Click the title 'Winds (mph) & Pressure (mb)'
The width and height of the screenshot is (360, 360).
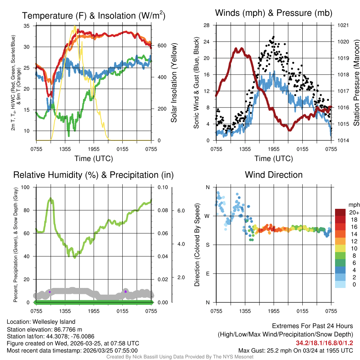(x=274, y=13)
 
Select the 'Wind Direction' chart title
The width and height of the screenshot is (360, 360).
(x=274, y=175)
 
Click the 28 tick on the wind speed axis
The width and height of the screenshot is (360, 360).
(x=207, y=25)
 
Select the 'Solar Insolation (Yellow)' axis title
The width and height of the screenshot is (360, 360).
(x=174, y=83)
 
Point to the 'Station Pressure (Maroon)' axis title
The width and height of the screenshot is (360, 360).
(x=356, y=83)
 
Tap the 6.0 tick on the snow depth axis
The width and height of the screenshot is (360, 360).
(x=180, y=211)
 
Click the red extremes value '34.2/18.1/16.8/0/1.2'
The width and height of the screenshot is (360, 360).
(x=324, y=343)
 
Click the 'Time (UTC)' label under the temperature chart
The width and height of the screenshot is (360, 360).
(x=94, y=159)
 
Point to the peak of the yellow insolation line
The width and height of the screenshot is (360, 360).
(x=75, y=26)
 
